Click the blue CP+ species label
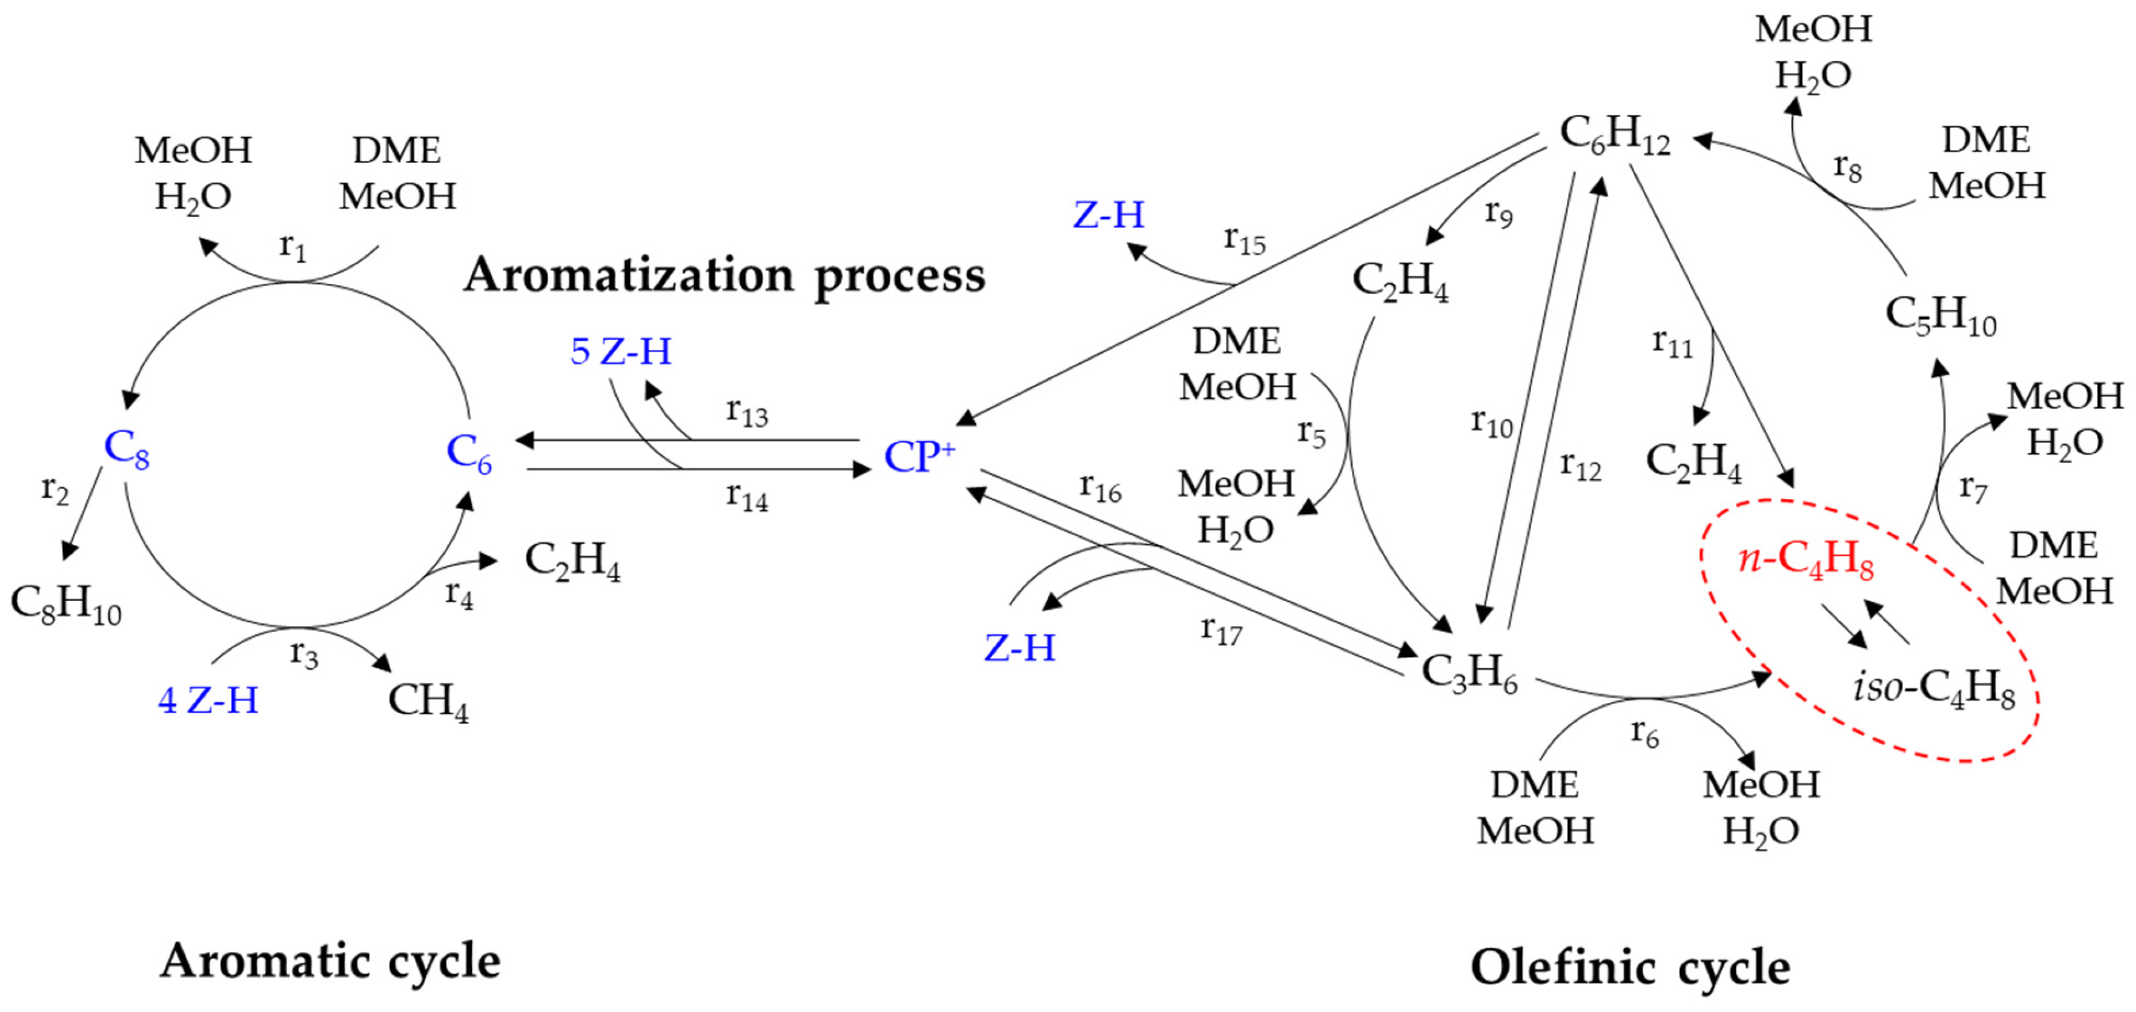point(919,456)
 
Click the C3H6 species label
point(1469,672)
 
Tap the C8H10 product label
point(66,603)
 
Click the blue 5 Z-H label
point(621,352)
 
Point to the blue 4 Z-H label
point(208,700)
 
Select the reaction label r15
point(1245,240)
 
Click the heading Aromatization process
point(724,275)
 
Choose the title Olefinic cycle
point(1630,967)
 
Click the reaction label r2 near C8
point(55,490)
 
